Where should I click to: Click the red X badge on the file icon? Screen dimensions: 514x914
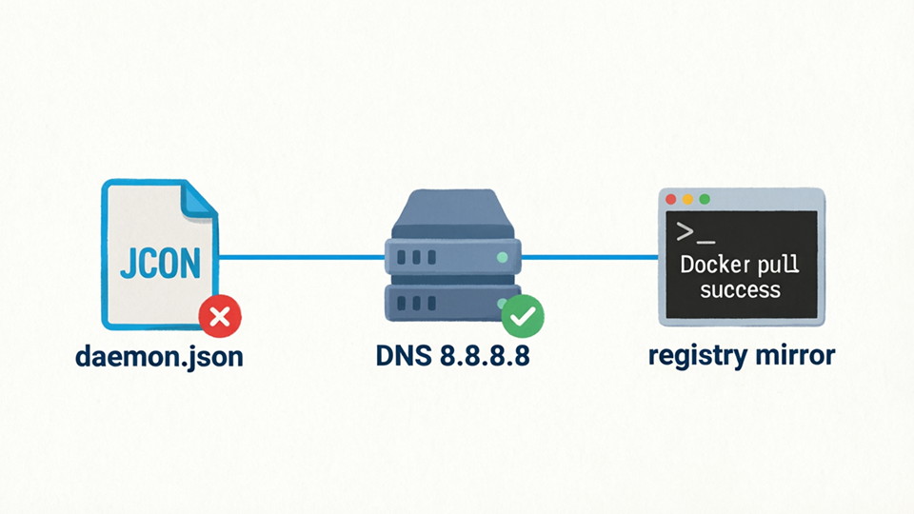click(x=221, y=317)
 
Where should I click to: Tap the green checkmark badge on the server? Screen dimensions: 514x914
click(x=522, y=317)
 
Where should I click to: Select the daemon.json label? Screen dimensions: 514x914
click(x=159, y=358)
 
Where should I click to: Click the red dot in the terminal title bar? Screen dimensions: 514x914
click(x=670, y=200)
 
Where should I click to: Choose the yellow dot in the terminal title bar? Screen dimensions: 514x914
click(x=687, y=200)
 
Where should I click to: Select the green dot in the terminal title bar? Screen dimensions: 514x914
click(x=705, y=200)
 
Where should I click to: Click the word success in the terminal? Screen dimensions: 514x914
click(x=740, y=289)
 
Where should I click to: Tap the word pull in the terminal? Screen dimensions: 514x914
click(x=779, y=265)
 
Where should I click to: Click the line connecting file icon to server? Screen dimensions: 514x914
click(x=303, y=257)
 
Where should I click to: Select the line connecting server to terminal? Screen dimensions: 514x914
click(x=590, y=257)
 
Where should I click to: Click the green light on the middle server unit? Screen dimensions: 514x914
click(x=502, y=257)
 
